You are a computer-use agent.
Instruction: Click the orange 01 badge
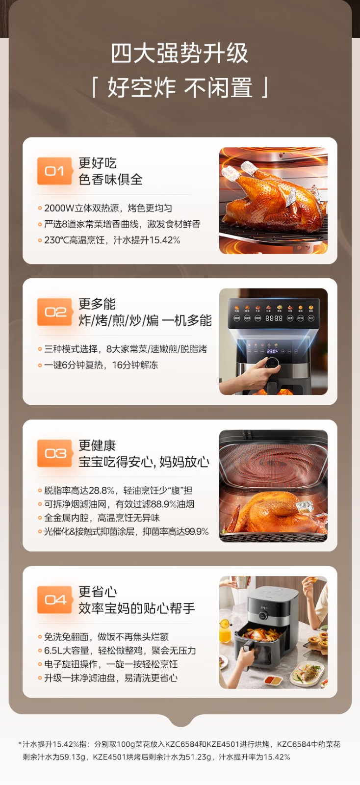point(54,171)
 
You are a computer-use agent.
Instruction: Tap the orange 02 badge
point(54,312)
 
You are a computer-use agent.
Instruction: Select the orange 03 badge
point(54,453)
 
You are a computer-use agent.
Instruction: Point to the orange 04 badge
point(54,600)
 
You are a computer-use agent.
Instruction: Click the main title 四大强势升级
point(180,53)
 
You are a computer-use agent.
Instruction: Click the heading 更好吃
point(97,163)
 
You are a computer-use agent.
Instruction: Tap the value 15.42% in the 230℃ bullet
point(165,240)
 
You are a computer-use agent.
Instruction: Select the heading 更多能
point(97,304)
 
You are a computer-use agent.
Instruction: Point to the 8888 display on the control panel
point(274,318)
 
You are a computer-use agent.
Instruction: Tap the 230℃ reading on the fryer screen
point(272,351)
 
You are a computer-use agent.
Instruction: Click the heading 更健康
point(97,445)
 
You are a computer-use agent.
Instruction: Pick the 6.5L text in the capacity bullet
point(53,651)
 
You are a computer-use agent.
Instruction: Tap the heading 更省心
point(97,592)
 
